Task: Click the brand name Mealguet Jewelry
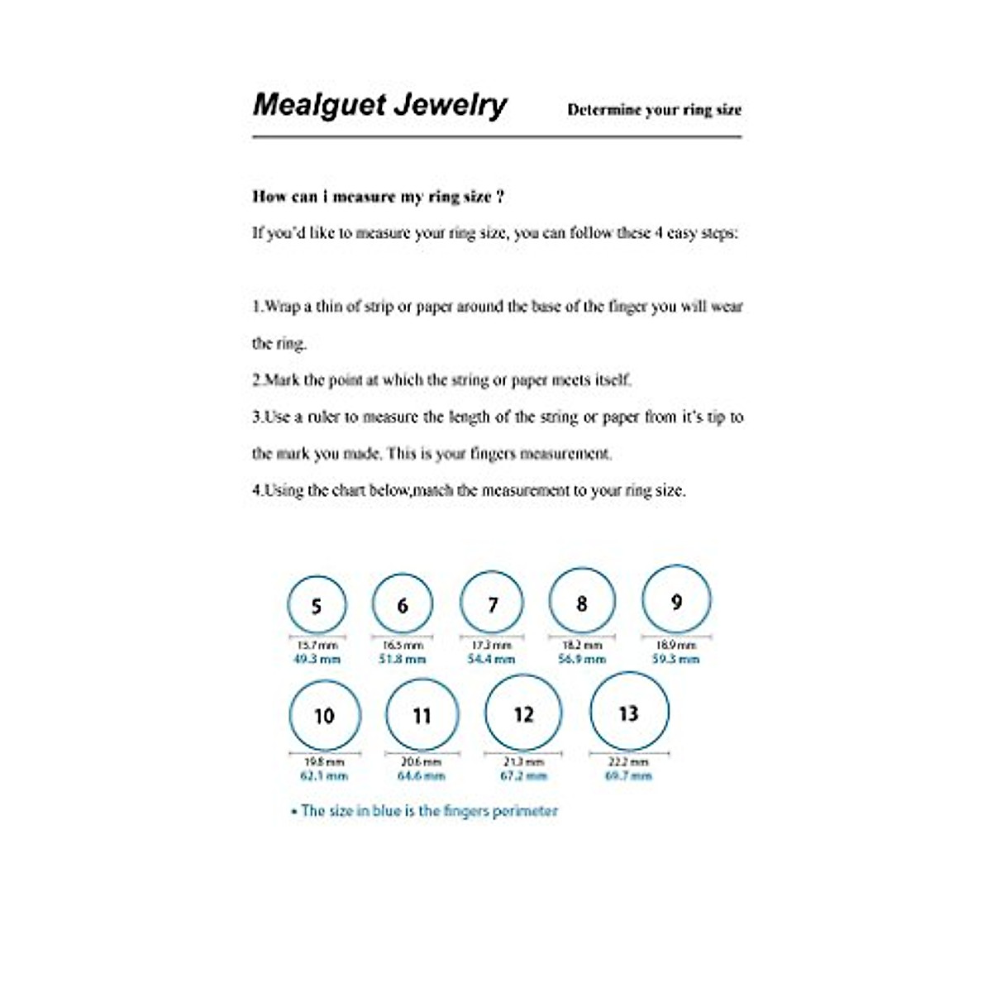pos(379,105)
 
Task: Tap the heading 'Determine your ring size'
pos(654,110)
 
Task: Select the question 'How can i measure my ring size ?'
pos(378,197)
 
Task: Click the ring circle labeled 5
pos(317,605)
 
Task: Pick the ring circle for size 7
pos(492,603)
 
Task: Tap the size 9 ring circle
pos(676,601)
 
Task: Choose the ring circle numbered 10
pos(325,715)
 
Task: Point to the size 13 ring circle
pos(629,713)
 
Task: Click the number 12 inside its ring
pos(523,714)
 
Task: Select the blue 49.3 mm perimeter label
pos(317,660)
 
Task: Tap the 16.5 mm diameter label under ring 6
pos(403,645)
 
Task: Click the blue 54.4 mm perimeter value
pos(491,660)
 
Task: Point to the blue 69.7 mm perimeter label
pos(629,776)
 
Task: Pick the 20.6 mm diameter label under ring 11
pos(422,762)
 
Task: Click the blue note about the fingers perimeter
pos(425,811)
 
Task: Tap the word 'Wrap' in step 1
pos(283,307)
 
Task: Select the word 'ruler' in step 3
pos(323,417)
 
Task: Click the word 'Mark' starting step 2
pos(283,380)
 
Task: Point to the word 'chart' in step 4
pos(348,490)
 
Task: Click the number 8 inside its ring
pos(582,604)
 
